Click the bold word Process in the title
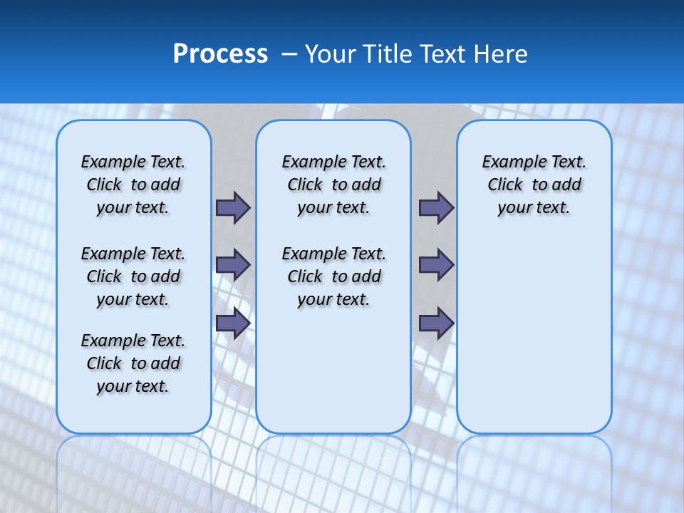[220, 54]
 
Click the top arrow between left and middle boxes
[233, 207]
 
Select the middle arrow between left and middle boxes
[233, 265]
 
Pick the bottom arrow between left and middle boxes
[233, 323]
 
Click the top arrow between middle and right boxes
[436, 207]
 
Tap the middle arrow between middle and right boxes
[436, 265]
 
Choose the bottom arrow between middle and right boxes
[436, 323]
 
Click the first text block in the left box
[133, 185]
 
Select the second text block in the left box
[133, 276]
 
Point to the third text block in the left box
[133, 363]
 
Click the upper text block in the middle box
[333, 185]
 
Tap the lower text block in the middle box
[333, 276]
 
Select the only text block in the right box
[534, 185]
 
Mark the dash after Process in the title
[290, 54]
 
